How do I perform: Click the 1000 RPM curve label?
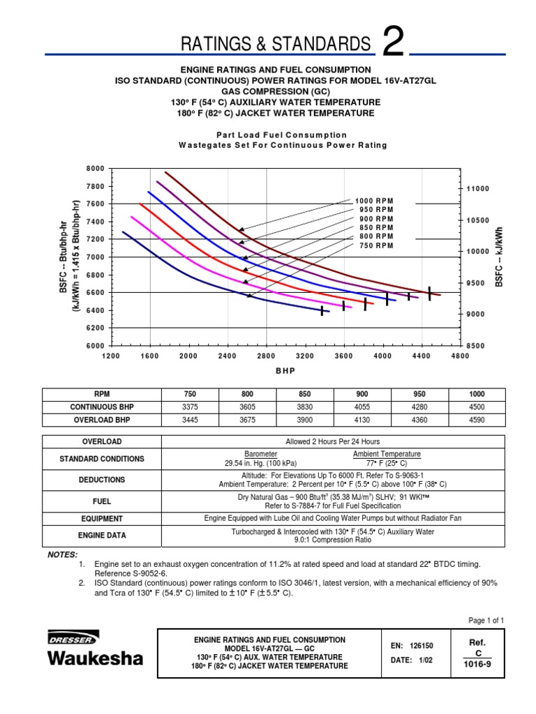coord(375,201)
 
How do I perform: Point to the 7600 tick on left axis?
coord(94,204)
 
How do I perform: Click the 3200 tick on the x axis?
coord(304,356)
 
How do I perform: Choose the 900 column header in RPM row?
coord(381,393)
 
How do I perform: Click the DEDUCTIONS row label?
coord(102,480)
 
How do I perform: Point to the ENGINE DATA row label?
coord(102,535)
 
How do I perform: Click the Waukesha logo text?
coord(95,658)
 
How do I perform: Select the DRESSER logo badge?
coord(73,637)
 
